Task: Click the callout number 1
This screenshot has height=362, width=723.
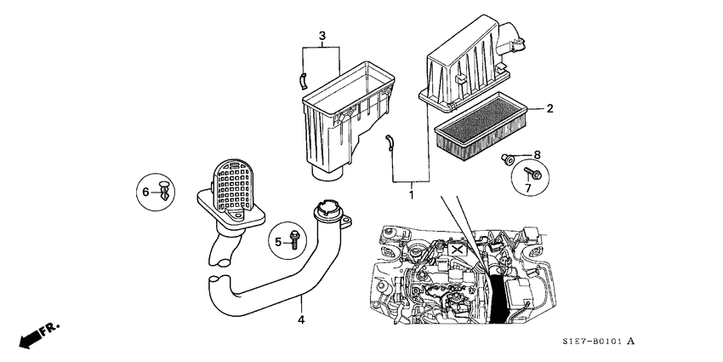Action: [411, 195]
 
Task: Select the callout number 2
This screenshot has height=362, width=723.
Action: [549, 109]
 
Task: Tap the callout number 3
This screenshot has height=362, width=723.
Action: [322, 36]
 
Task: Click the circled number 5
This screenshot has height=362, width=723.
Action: [277, 243]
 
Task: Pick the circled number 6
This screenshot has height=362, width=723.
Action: [145, 193]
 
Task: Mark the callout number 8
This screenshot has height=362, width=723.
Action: [537, 154]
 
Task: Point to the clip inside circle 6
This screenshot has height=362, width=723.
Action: [164, 190]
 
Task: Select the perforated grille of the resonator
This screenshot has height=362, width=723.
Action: [232, 185]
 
